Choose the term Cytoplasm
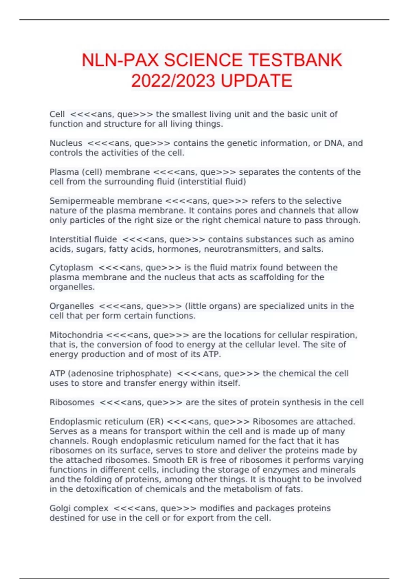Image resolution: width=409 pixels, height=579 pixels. pyautogui.click(x=71, y=268)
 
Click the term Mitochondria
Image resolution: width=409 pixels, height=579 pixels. pyautogui.click(x=76, y=335)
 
